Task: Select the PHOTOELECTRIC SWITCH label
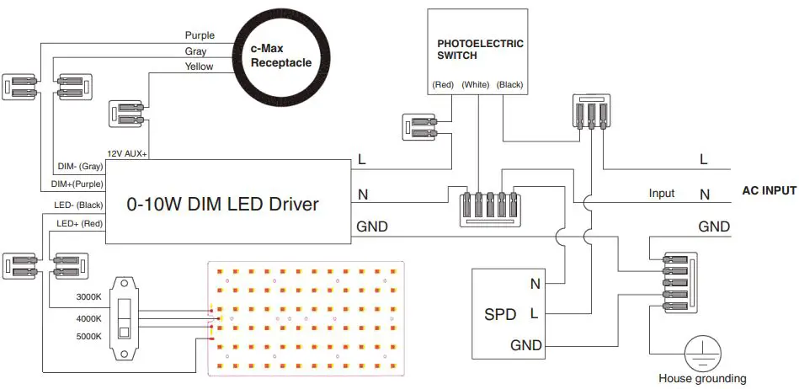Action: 480,49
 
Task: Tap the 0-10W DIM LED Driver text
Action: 222,203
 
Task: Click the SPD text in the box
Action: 500,316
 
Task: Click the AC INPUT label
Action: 769,191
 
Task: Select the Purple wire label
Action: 200,35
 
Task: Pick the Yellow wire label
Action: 200,67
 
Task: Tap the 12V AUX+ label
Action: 128,154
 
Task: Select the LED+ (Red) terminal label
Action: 79,223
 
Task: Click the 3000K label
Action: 88,297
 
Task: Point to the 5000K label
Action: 88,336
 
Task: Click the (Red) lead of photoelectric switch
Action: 443,85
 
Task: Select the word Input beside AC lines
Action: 661,194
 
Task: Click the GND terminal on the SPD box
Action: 526,345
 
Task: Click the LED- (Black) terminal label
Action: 79,205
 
